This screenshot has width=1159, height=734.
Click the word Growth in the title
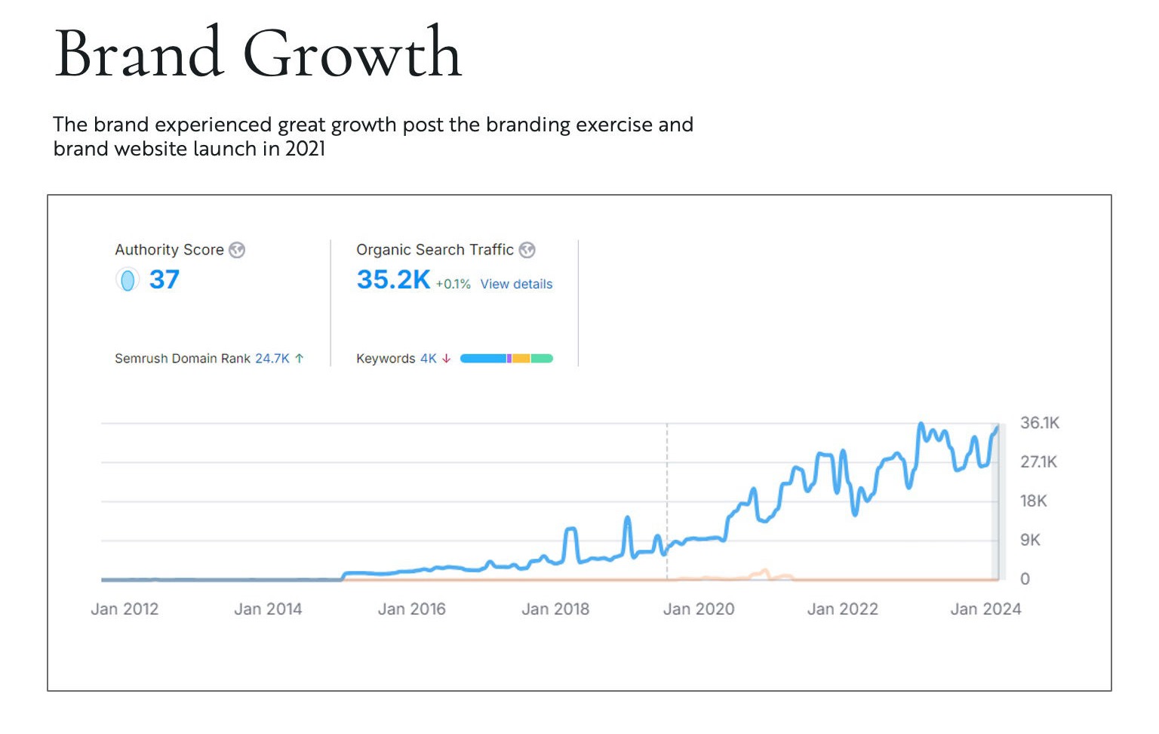click(352, 54)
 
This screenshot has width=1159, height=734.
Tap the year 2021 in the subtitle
click(306, 149)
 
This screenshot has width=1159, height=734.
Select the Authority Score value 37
click(164, 279)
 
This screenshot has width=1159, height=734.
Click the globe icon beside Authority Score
click(237, 250)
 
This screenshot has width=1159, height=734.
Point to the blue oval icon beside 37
click(128, 280)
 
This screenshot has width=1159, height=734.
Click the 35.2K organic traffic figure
click(393, 279)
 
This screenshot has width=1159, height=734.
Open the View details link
click(516, 284)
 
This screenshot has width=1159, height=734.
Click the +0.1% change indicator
click(453, 284)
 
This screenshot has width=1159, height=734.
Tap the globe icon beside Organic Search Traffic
click(527, 250)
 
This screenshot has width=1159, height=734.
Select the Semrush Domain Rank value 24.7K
click(272, 359)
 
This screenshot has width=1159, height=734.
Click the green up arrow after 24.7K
click(300, 359)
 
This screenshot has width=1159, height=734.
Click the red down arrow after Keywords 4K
click(447, 359)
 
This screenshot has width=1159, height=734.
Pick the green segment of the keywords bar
click(542, 359)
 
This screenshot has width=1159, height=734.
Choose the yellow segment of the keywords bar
click(521, 359)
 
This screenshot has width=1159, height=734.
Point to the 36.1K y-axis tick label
click(1039, 423)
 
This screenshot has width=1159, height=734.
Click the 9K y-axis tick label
click(1030, 540)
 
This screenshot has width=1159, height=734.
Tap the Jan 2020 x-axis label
click(699, 609)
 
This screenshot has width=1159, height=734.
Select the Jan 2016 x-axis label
click(411, 609)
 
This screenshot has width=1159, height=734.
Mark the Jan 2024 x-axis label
click(985, 609)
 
